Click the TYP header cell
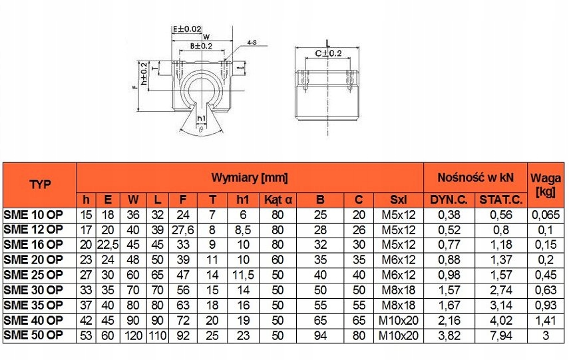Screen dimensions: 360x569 click(39, 184)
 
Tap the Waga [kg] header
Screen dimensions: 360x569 click(546, 184)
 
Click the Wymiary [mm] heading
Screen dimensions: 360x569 click(250, 178)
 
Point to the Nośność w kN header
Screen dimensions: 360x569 click(475, 178)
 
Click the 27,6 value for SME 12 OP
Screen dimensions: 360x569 click(182, 230)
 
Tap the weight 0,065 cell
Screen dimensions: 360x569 click(546, 214)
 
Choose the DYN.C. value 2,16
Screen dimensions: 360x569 click(449, 321)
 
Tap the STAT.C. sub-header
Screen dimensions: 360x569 click(500, 200)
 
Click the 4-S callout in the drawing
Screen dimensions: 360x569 click(252, 43)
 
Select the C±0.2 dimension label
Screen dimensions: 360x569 click(327, 53)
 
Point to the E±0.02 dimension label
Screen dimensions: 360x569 click(187, 29)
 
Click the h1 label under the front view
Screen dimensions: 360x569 click(200, 118)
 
